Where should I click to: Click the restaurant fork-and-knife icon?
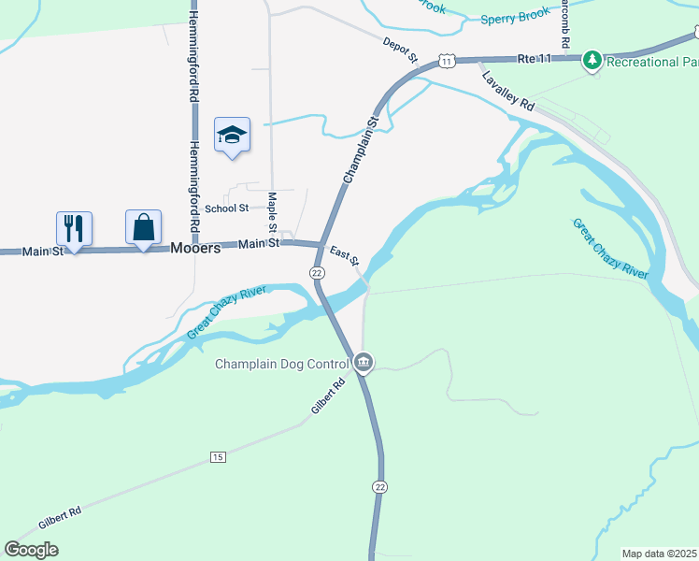click(74, 227)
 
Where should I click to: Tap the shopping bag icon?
click(143, 227)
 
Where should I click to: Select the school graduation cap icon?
click(232, 136)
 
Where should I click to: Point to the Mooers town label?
click(195, 249)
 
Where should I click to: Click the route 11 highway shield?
click(447, 61)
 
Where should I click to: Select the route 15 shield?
click(218, 456)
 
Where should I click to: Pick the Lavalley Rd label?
click(507, 92)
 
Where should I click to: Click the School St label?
click(227, 209)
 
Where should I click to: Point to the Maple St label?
click(272, 212)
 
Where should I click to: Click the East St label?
click(344, 254)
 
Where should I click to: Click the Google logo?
click(32, 550)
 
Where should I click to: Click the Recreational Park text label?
click(652, 62)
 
